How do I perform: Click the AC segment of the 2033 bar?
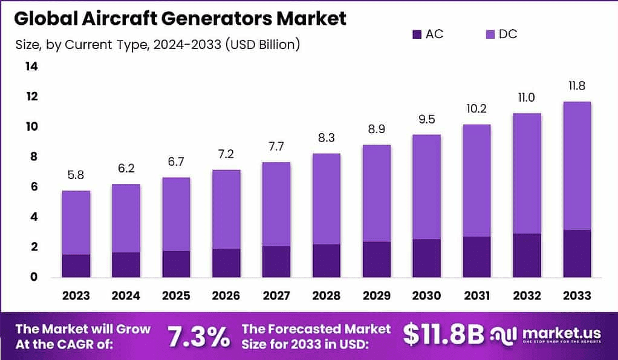(x=576, y=254)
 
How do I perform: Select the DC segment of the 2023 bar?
(x=76, y=222)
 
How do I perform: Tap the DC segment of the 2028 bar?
(x=326, y=198)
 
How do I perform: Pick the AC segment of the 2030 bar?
(x=426, y=258)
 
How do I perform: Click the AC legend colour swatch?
(x=415, y=34)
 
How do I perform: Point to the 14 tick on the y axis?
(x=31, y=67)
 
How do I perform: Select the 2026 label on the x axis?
(x=226, y=295)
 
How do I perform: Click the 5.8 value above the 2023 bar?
(x=76, y=175)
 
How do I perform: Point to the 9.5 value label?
(x=426, y=119)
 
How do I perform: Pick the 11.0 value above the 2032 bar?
(x=526, y=98)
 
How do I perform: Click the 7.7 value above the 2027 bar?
(x=276, y=147)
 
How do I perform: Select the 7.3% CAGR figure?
(x=198, y=336)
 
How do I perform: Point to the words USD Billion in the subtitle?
(x=262, y=44)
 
